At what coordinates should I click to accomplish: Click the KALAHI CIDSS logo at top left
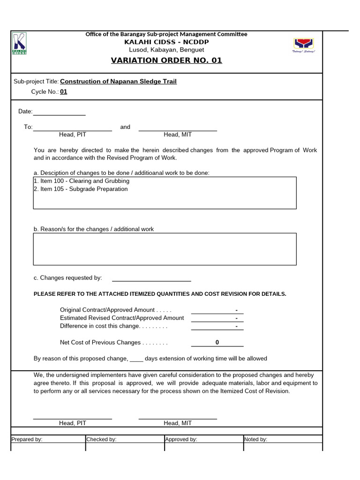click(20, 44)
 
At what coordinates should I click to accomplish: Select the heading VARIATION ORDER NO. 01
click(166, 60)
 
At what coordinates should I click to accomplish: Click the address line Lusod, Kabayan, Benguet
click(166, 50)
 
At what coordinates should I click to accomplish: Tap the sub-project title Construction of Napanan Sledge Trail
click(119, 82)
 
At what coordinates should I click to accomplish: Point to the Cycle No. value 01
click(64, 92)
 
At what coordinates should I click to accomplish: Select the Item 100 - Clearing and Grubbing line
click(82, 181)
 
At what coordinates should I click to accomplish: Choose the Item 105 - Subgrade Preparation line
click(81, 189)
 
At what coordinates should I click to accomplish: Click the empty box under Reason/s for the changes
click(165, 249)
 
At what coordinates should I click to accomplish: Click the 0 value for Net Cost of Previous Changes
click(217, 343)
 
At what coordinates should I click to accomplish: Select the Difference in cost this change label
click(113, 326)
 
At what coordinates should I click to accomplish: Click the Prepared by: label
click(27, 440)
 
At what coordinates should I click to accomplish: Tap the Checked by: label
click(101, 440)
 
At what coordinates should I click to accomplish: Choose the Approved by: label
click(181, 440)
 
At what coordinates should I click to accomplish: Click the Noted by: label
click(256, 440)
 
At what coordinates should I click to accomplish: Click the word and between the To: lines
click(125, 127)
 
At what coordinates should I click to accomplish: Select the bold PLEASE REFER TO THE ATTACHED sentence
click(160, 294)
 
